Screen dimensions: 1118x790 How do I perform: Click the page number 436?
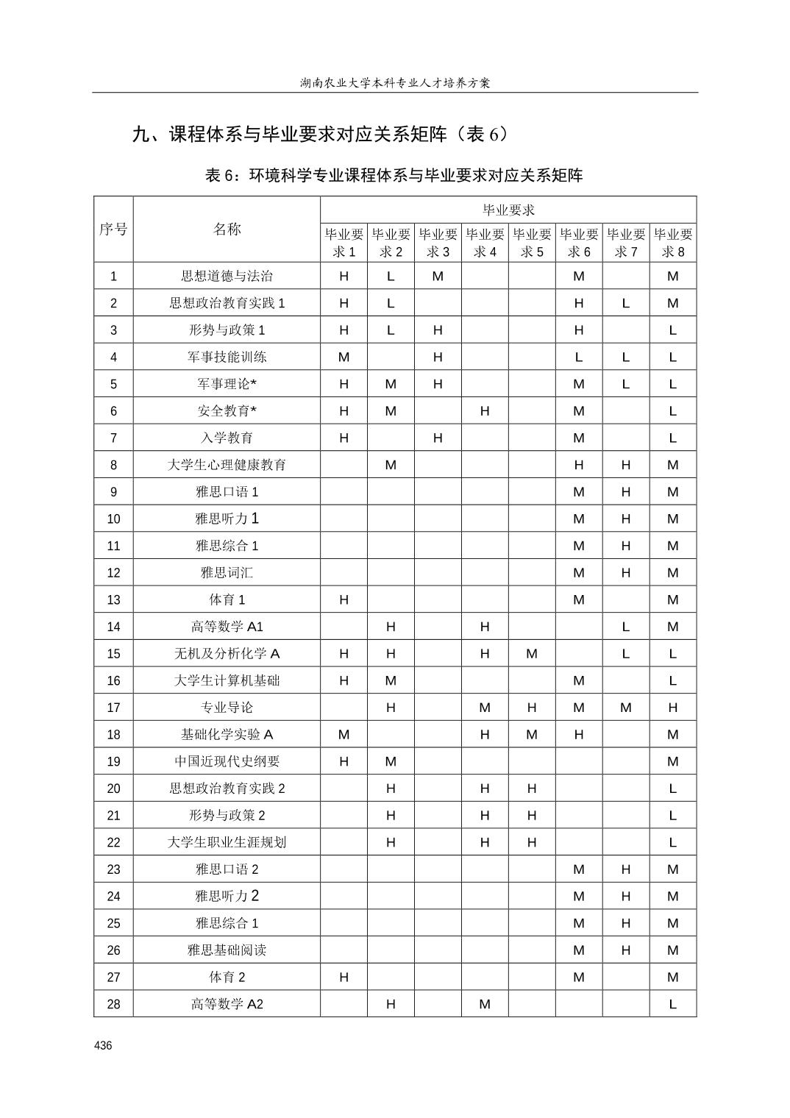(103, 1045)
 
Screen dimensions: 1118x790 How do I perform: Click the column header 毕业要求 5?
(532, 243)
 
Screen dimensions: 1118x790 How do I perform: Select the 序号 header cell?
(113, 229)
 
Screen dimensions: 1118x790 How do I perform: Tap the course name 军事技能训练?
(227, 357)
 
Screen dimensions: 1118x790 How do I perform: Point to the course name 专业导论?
(227, 708)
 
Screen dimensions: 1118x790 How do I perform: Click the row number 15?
(113, 654)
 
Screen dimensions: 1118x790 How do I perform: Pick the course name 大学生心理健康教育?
(227, 465)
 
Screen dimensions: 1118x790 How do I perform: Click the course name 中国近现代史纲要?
(227, 761)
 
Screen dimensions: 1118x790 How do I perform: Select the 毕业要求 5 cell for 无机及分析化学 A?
(532, 654)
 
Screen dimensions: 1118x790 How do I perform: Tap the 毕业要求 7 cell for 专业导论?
(626, 708)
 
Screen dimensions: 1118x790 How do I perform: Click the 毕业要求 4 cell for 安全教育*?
(485, 411)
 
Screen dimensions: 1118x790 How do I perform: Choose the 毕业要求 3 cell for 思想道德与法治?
(438, 277)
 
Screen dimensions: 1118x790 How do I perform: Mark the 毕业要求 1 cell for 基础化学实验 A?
(344, 735)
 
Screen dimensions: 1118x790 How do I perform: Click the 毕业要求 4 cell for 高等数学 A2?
(485, 1004)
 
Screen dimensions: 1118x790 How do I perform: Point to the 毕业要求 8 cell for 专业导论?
(673, 708)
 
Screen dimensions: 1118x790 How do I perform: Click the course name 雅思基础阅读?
(227, 950)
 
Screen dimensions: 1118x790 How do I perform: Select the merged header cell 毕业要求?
(508, 210)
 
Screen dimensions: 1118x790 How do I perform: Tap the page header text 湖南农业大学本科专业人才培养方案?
(395, 82)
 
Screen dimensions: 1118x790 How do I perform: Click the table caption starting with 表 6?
(394, 175)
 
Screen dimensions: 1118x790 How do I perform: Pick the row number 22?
(113, 842)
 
